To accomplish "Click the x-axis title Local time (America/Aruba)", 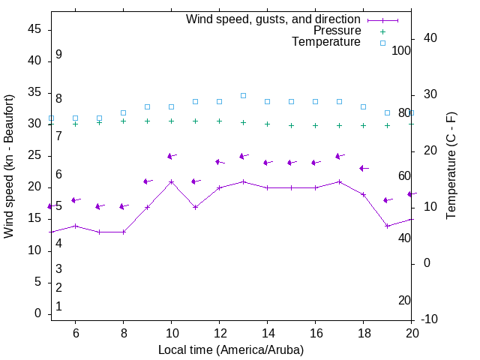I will pos(231,349).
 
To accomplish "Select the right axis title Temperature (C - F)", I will pos(451,166).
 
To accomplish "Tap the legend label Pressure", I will pos(337,31).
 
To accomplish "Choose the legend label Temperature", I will pos(326,42).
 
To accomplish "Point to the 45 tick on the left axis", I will pos(34,30).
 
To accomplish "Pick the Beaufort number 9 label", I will pos(58,55).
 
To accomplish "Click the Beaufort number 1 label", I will pos(58,307).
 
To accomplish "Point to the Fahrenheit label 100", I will pos(401,50).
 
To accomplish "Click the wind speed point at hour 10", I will pos(171,181).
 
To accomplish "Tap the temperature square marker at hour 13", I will pos(243,95).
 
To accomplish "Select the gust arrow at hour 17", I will pos(339,156).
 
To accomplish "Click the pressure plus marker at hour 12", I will pos(219,121).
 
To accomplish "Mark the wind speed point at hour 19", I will pos(387,226).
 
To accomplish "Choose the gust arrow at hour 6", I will pos(75,200).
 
